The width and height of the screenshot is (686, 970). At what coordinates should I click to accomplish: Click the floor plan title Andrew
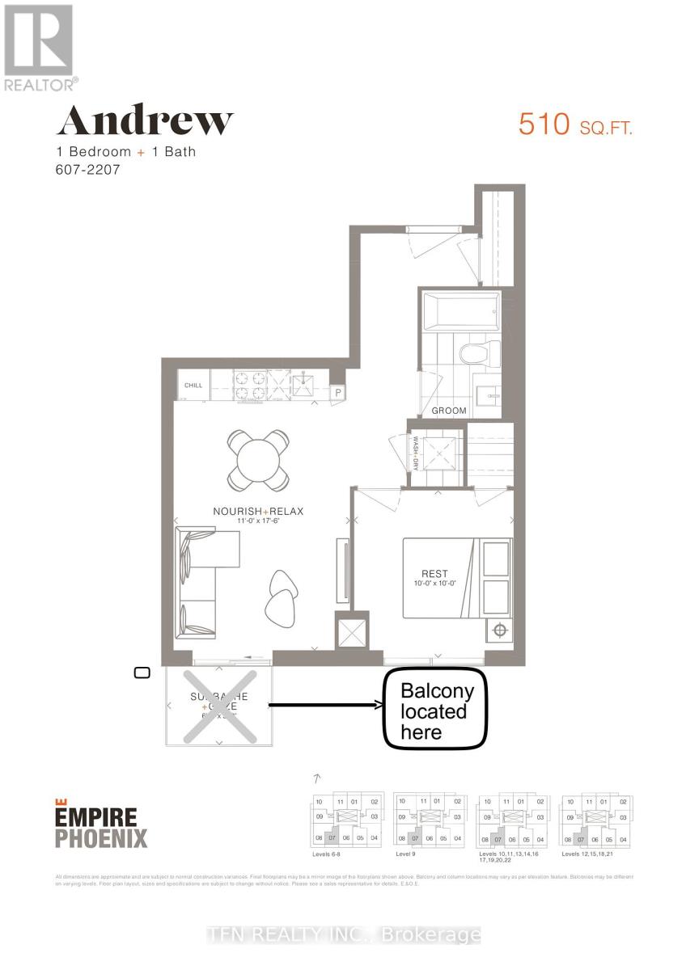coord(144,121)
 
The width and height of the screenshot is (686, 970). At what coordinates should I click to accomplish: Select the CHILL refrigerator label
coord(193,386)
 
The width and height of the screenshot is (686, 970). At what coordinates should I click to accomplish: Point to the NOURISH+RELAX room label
coord(257,511)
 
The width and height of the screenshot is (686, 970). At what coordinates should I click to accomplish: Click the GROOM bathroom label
coord(449,411)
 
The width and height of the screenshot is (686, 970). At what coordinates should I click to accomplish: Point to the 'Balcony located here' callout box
coord(434,710)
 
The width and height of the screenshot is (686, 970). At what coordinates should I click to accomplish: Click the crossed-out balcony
coord(218,705)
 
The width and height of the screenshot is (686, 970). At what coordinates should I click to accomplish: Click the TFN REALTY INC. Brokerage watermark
coord(343,935)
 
